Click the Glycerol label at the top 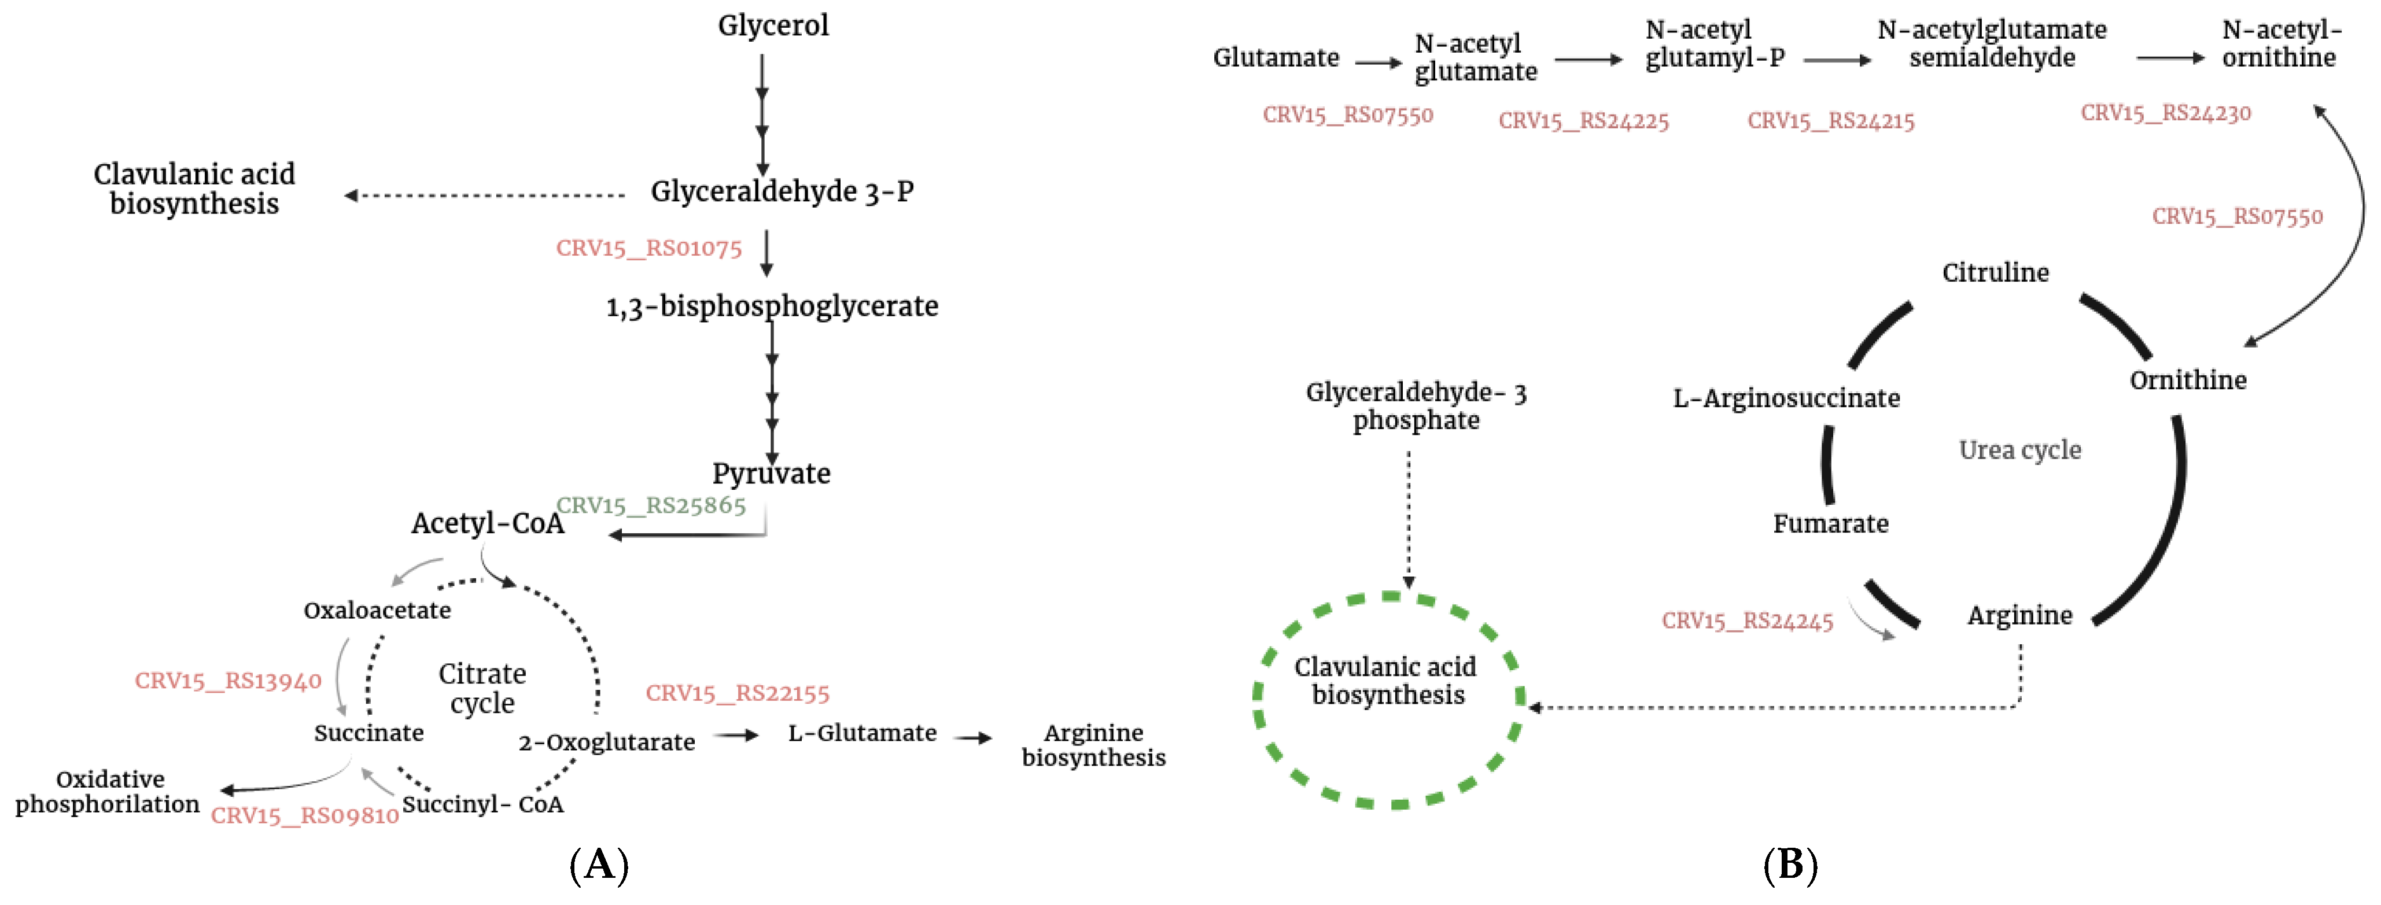[773, 25]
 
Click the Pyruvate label [771, 473]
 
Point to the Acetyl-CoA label [487, 523]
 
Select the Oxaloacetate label [377, 610]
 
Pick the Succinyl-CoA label [482, 804]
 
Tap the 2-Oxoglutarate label [606, 743]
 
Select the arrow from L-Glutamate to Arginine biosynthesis [974, 738]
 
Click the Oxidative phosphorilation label [108, 791]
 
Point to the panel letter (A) [599, 865]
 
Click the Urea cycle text [2019, 450]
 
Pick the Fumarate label [1830, 524]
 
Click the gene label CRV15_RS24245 [1747, 620]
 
